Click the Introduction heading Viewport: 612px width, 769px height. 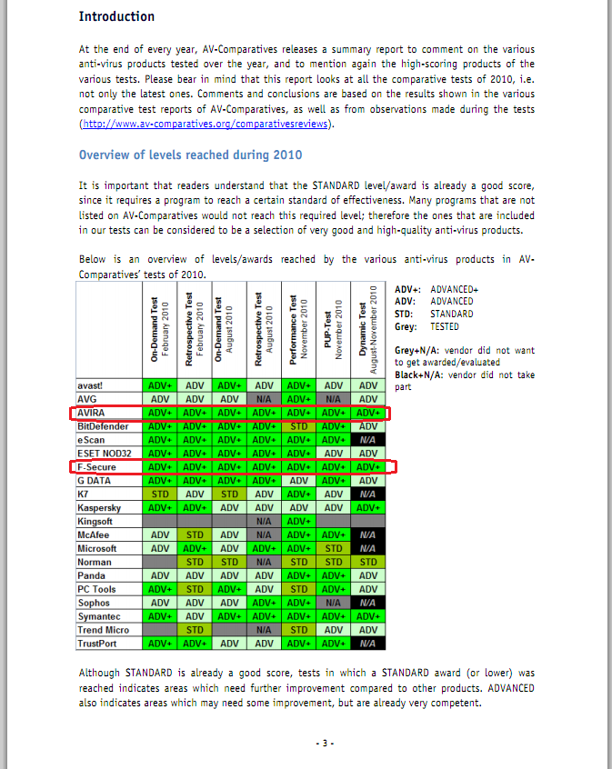click(x=116, y=16)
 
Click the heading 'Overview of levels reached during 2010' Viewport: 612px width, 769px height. click(x=190, y=155)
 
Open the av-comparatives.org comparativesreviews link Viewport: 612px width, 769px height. click(x=206, y=124)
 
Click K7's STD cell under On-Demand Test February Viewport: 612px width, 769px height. click(x=159, y=494)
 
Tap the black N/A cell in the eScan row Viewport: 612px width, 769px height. click(x=367, y=440)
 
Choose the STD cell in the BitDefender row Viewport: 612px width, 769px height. click(x=298, y=426)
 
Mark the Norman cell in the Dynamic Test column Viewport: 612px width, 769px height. click(x=367, y=562)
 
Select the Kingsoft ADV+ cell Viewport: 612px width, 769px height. click(x=298, y=522)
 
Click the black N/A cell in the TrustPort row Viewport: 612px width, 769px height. click(x=367, y=644)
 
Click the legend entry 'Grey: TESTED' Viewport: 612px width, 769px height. click(x=426, y=326)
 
